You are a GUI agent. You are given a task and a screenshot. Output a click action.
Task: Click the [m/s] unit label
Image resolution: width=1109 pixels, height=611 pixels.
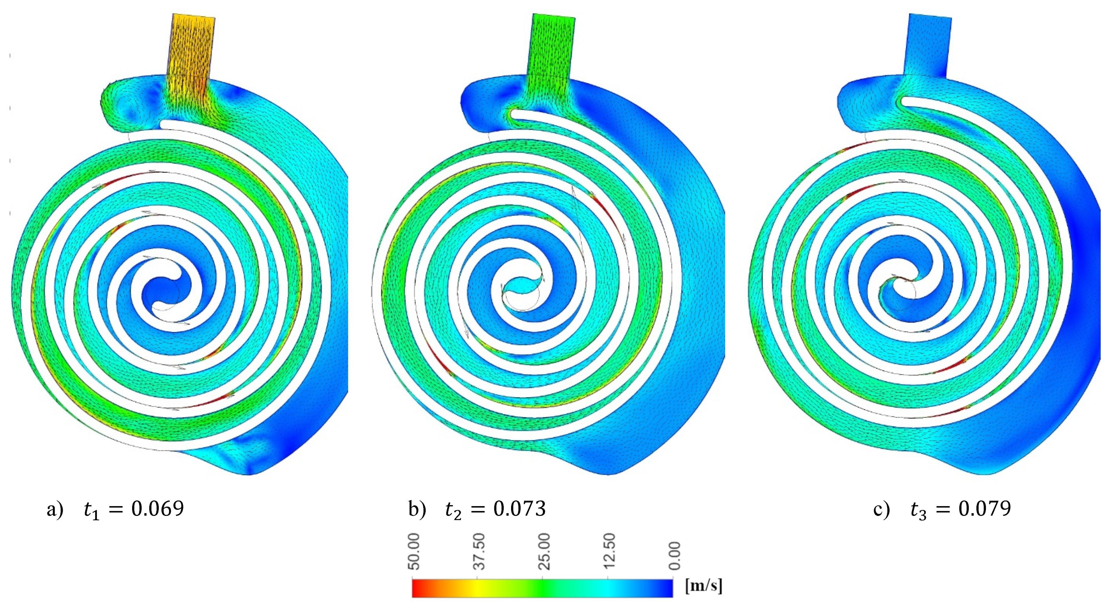point(703,586)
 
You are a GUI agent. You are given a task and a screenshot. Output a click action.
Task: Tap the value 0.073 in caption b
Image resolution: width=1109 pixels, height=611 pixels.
point(520,509)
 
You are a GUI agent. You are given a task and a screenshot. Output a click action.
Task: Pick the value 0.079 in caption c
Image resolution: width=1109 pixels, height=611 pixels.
point(985,509)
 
